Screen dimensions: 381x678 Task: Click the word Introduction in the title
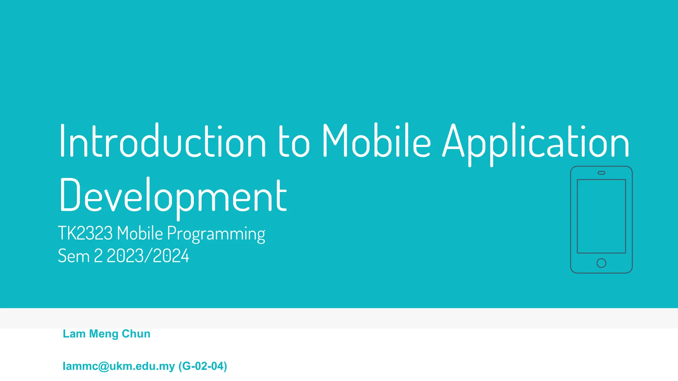[x=163, y=141]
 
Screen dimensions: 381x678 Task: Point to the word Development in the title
[x=173, y=196]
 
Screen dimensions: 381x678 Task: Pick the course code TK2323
[x=85, y=233]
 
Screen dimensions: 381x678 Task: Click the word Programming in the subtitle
[x=216, y=234]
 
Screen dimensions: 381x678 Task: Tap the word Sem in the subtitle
[x=73, y=256]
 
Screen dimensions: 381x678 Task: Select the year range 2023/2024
[x=148, y=256]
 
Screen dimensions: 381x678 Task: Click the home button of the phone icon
[x=601, y=263]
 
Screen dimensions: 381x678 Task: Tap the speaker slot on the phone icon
[x=601, y=173]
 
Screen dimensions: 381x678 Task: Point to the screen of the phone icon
[x=601, y=216]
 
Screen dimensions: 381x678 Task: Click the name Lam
[x=74, y=334]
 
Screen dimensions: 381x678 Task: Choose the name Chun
[x=136, y=334]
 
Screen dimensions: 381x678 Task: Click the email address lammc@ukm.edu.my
[x=119, y=366]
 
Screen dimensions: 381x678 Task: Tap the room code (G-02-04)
[x=203, y=366]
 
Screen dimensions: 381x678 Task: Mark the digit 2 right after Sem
[x=98, y=256]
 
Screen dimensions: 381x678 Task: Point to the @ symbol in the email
[x=104, y=366]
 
